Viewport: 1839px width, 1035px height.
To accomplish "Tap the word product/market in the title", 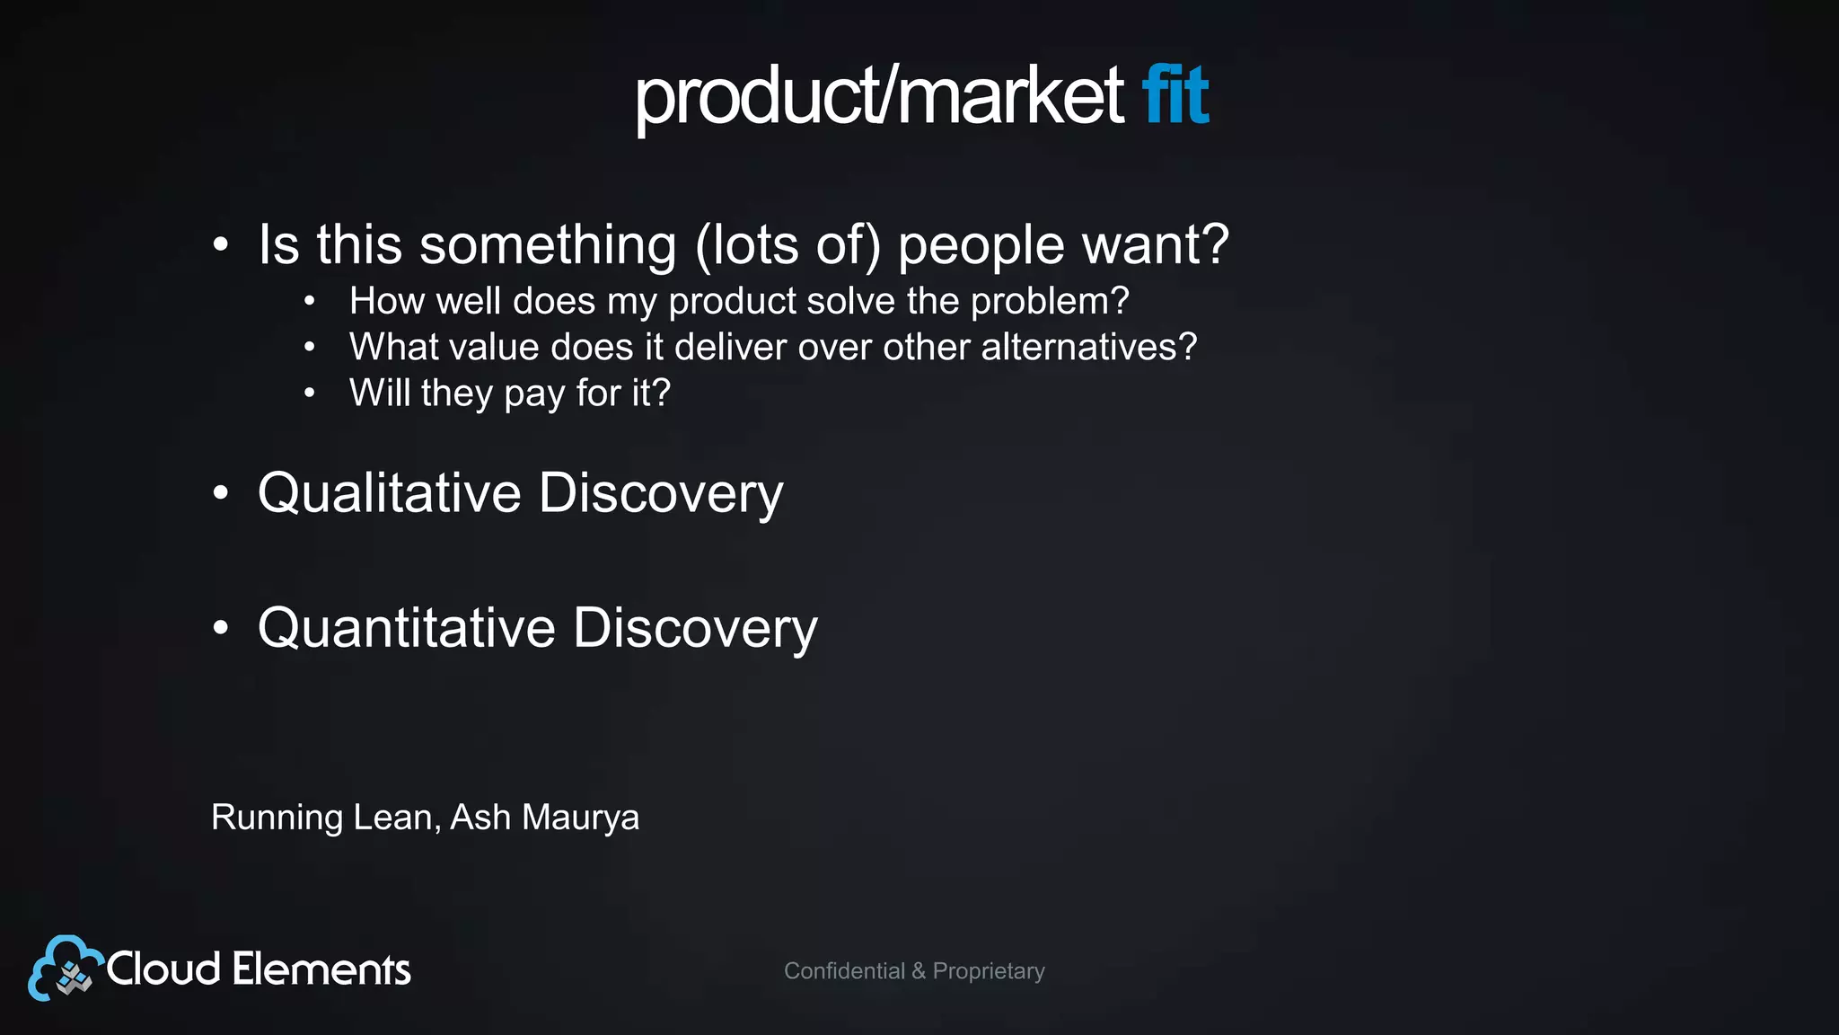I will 878,96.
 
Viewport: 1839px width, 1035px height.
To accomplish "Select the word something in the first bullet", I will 548,245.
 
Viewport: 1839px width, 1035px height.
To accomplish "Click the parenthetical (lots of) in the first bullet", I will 788,245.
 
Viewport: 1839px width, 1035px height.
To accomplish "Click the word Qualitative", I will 389,493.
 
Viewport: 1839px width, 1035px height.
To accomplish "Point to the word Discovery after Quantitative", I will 694,629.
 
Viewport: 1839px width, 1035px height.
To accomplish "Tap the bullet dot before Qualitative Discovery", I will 221,493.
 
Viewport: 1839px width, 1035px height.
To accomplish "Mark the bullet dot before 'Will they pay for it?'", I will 309,393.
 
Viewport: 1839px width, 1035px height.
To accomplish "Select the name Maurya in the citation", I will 580,818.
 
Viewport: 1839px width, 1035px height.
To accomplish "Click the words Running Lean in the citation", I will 324,818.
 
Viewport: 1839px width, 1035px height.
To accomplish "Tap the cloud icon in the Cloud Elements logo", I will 63,969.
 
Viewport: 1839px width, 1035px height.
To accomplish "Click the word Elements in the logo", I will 321,969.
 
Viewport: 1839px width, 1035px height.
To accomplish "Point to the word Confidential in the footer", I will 844,971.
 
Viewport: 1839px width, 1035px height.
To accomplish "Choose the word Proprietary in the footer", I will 988,971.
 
